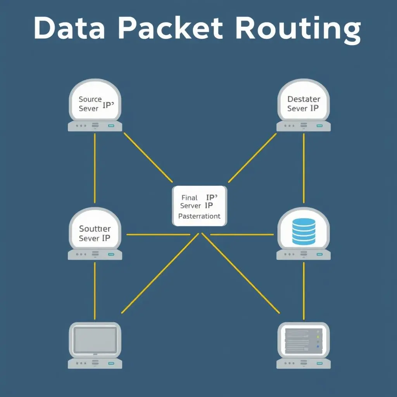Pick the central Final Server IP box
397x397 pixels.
(x=199, y=206)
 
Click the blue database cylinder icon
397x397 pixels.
(x=304, y=231)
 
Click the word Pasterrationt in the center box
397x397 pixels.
(x=199, y=216)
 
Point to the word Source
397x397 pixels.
(x=90, y=99)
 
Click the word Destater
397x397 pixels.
(x=304, y=99)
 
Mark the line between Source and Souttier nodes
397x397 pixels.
(x=95, y=167)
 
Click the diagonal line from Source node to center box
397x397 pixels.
(x=148, y=157)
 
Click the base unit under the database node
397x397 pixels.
(x=304, y=254)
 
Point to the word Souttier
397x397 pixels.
(x=95, y=229)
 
